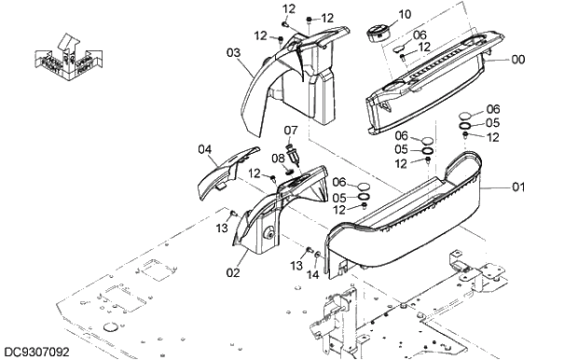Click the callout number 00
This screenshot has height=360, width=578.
[518, 60]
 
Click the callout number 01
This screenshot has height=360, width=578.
[518, 187]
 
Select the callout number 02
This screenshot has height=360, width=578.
[233, 272]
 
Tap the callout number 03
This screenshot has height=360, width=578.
[234, 52]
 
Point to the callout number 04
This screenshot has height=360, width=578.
[205, 148]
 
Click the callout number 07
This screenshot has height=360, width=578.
[291, 130]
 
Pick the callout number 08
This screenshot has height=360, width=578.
[278, 159]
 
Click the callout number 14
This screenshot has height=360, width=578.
[312, 275]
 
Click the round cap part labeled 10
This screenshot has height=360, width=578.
[376, 32]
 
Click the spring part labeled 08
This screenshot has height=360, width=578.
[289, 170]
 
